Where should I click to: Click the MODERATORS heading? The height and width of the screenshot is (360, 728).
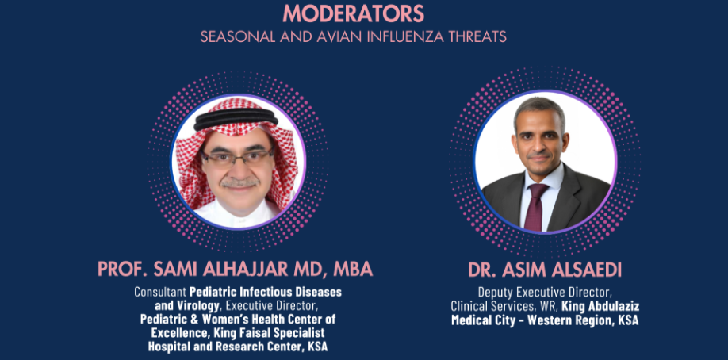click(x=354, y=13)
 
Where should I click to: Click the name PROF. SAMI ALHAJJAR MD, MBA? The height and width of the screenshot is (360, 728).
click(x=236, y=269)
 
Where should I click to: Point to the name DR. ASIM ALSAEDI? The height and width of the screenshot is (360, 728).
click(x=545, y=269)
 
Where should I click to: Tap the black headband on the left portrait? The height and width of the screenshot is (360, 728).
click(x=236, y=120)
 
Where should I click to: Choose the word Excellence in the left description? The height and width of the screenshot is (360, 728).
click(x=174, y=333)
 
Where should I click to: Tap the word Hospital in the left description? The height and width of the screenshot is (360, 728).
click(x=168, y=347)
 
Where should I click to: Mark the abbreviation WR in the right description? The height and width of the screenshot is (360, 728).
click(x=550, y=307)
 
